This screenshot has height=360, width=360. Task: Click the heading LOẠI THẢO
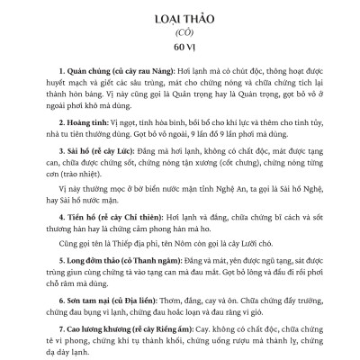(x=179, y=18)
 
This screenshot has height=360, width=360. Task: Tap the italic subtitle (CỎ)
(x=179, y=32)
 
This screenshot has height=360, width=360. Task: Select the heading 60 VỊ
(x=179, y=48)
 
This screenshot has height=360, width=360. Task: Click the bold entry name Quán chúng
(x=78, y=69)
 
